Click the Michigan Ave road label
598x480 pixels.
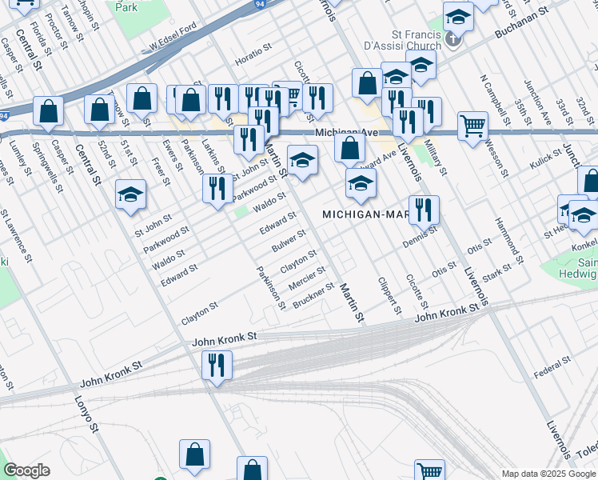click(x=345, y=133)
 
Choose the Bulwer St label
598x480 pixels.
click(x=289, y=239)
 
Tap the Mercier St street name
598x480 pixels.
click(x=307, y=277)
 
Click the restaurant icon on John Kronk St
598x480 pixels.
click(x=216, y=366)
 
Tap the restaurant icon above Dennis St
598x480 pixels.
click(x=424, y=210)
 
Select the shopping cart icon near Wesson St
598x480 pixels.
click(x=472, y=126)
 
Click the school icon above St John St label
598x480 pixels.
click(x=130, y=194)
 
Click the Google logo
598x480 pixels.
click(x=26, y=470)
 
